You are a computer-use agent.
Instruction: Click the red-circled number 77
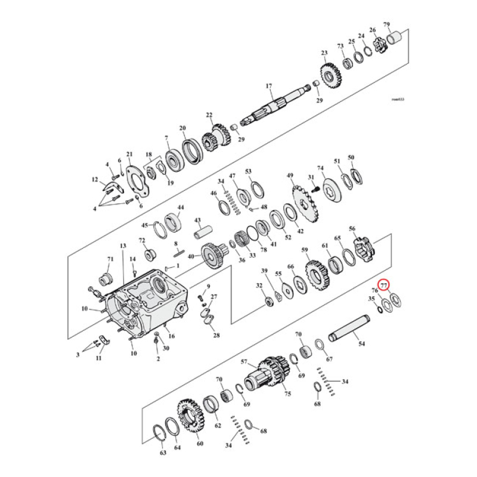pos(385,285)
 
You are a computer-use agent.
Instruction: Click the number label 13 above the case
pos(123,246)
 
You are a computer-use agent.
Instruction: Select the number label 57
pos(244,362)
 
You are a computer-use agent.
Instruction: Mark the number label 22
pos(209,115)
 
